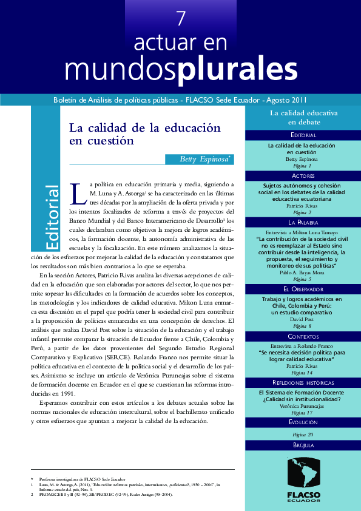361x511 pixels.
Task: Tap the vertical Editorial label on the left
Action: click(52, 217)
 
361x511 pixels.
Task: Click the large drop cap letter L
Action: click(77, 194)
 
